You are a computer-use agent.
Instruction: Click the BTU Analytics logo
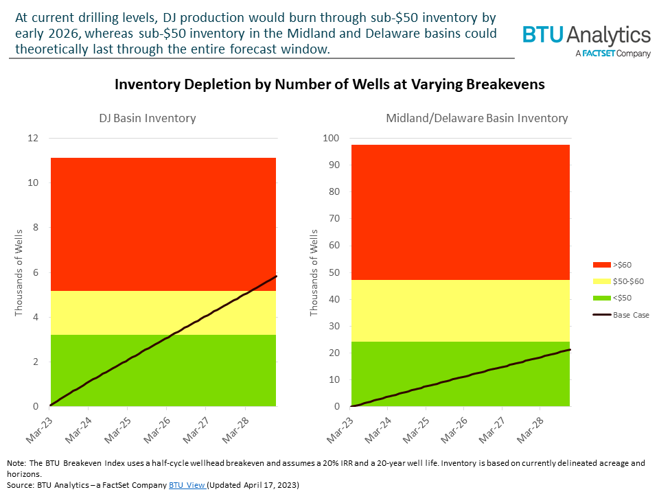(x=586, y=36)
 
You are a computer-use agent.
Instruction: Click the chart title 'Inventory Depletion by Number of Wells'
(x=329, y=84)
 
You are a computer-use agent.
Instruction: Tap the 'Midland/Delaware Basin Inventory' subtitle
(x=477, y=118)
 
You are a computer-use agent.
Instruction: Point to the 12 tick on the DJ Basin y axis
(x=34, y=138)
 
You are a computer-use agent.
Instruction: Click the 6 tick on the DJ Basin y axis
(x=36, y=272)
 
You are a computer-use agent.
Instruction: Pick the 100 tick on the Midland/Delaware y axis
(x=332, y=138)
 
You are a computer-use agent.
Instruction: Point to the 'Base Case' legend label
(x=630, y=315)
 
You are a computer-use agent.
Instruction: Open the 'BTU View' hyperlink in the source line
(x=187, y=484)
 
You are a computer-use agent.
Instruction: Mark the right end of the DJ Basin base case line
(x=276, y=276)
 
